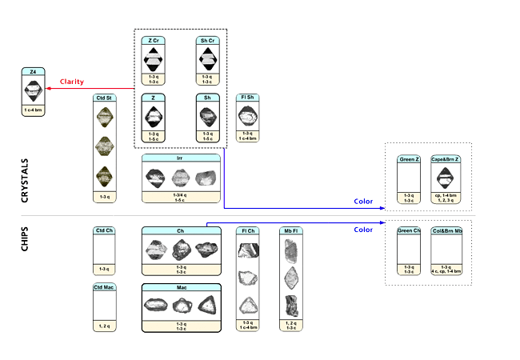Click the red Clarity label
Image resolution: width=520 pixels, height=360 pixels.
(x=71, y=82)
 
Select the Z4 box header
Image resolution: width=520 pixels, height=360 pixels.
(x=33, y=72)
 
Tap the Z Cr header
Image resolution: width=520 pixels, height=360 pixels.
(x=153, y=40)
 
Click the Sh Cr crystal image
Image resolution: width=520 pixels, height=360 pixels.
(x=207, y=59)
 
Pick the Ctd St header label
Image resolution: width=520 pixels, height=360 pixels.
(x=105, y=98)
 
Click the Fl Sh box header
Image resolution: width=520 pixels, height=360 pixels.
(x=247, y=98)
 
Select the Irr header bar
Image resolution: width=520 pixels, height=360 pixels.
(x=180, y=158)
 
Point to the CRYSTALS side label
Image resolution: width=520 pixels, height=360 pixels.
(x=24, y=179)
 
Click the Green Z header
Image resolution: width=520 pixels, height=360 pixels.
(x=409, y=159)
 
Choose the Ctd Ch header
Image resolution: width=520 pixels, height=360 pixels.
(x=105, y=231)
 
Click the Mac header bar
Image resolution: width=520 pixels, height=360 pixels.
(x=181, y=286)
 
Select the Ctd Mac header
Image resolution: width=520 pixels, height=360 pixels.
(x=105, y=286)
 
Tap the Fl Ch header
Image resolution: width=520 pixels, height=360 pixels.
(x=248, y=231)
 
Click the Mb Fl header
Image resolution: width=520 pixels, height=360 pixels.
(x=290, y=231)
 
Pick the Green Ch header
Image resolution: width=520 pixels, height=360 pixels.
(x=409, y=231)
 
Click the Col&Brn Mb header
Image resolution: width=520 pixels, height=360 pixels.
(x=447, y=231)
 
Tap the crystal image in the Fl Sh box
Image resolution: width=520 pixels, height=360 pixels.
(x=247, y=117)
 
